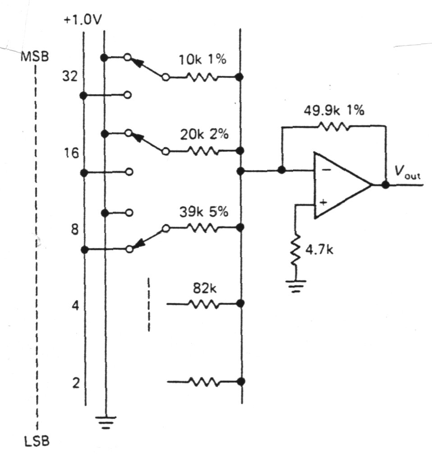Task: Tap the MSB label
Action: click(37, 58)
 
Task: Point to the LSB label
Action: click(37, 440)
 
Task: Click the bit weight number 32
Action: click(71, 77)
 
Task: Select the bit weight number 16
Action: click(71, 153)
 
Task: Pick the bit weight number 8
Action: click(74, 230)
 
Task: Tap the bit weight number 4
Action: click(75, 306)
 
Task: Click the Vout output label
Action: click(406, 172)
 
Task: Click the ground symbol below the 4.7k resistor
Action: click(295, 285)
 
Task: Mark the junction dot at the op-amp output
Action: click(385, 185)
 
